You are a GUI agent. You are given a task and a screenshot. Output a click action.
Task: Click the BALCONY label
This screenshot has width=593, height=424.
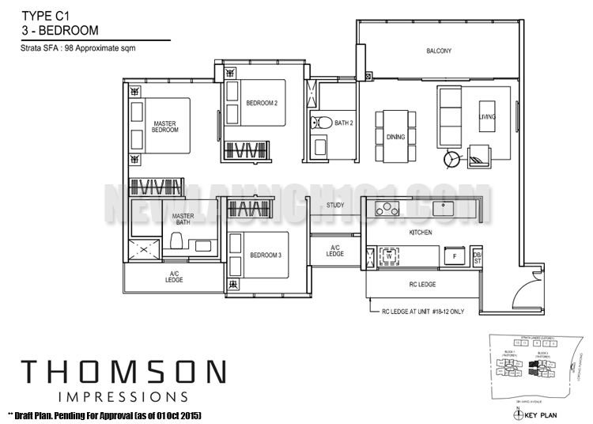click(439, 51)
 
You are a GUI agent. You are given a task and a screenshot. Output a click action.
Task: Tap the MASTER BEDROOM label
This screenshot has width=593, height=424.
click(165, 127)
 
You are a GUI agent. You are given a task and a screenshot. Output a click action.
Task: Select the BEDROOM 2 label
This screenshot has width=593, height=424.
click(262, 103)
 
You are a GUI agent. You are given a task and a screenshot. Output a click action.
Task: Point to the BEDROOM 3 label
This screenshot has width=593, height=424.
click(266, 255)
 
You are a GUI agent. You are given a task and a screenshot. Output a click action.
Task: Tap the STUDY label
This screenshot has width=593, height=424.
click(335, 205)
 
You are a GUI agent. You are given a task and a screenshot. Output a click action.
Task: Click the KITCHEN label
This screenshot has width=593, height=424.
click(419, 233)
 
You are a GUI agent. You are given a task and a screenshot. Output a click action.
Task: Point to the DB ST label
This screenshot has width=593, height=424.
click(477, 256)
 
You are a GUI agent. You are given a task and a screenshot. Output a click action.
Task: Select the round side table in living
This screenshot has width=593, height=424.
click(452, 158)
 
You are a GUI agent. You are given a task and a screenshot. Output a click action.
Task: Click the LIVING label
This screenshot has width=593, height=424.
click(487, 117)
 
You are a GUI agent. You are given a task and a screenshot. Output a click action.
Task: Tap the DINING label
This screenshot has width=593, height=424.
click(395, 137)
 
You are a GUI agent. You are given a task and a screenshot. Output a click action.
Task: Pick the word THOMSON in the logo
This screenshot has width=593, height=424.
click(123, 372)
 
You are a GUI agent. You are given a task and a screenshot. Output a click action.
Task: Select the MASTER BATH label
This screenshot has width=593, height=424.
click(183, 219)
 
